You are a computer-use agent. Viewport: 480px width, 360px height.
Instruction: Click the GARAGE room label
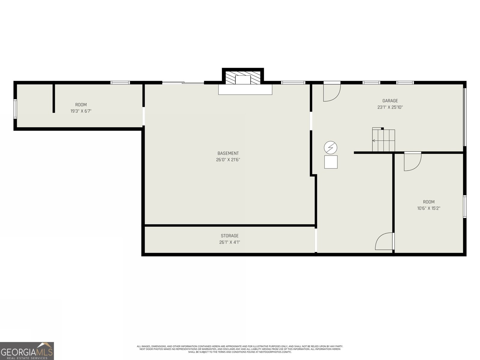pyautogui.click(x=390, y=101)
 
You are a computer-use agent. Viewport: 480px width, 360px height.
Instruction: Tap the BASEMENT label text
pyautogui.click(x=228, y=153)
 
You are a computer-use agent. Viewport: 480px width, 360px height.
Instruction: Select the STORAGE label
pyautogui.click(x=229, y=236)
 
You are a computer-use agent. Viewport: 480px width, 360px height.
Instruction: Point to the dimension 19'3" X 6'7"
pyautogui.click(x=81, y=111)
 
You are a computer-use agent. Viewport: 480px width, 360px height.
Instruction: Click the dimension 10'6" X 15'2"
pyautogui.click(x=428, y=208)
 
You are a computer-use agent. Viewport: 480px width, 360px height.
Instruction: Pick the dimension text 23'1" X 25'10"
pyautogui.click(x=390, y=107)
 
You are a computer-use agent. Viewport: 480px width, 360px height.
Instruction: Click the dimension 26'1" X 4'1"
pyautogui.click(x=229, y=242)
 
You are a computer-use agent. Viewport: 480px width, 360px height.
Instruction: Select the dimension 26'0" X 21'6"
pyautogui.click(x=228, y=160)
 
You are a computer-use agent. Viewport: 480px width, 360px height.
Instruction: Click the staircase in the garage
pyautogui.click(x=383, y=141)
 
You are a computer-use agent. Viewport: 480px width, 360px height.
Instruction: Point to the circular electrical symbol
pyautogui.click(x=330, y=147)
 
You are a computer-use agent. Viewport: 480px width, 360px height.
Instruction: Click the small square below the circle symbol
pyautogui.click(x=331, y=162)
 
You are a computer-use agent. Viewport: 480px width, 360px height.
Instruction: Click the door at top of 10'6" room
pyautogui.click(x=412, y=162)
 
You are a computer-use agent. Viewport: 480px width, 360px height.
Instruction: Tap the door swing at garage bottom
pyautogui.click(x=384, y=241)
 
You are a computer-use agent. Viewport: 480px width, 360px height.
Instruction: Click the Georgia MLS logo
pyautogui.click(x=27, y=351)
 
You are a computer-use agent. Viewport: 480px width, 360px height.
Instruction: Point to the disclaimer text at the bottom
pyautogui.click(x=240, y=349)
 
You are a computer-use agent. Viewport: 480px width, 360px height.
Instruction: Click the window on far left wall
pyautogui.click(x=15, y=109)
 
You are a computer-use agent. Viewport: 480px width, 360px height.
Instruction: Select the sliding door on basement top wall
pyautogui.click(x=183, y=83)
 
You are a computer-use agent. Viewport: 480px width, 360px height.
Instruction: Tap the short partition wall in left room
pyautogui.click(x=54, y=98)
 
